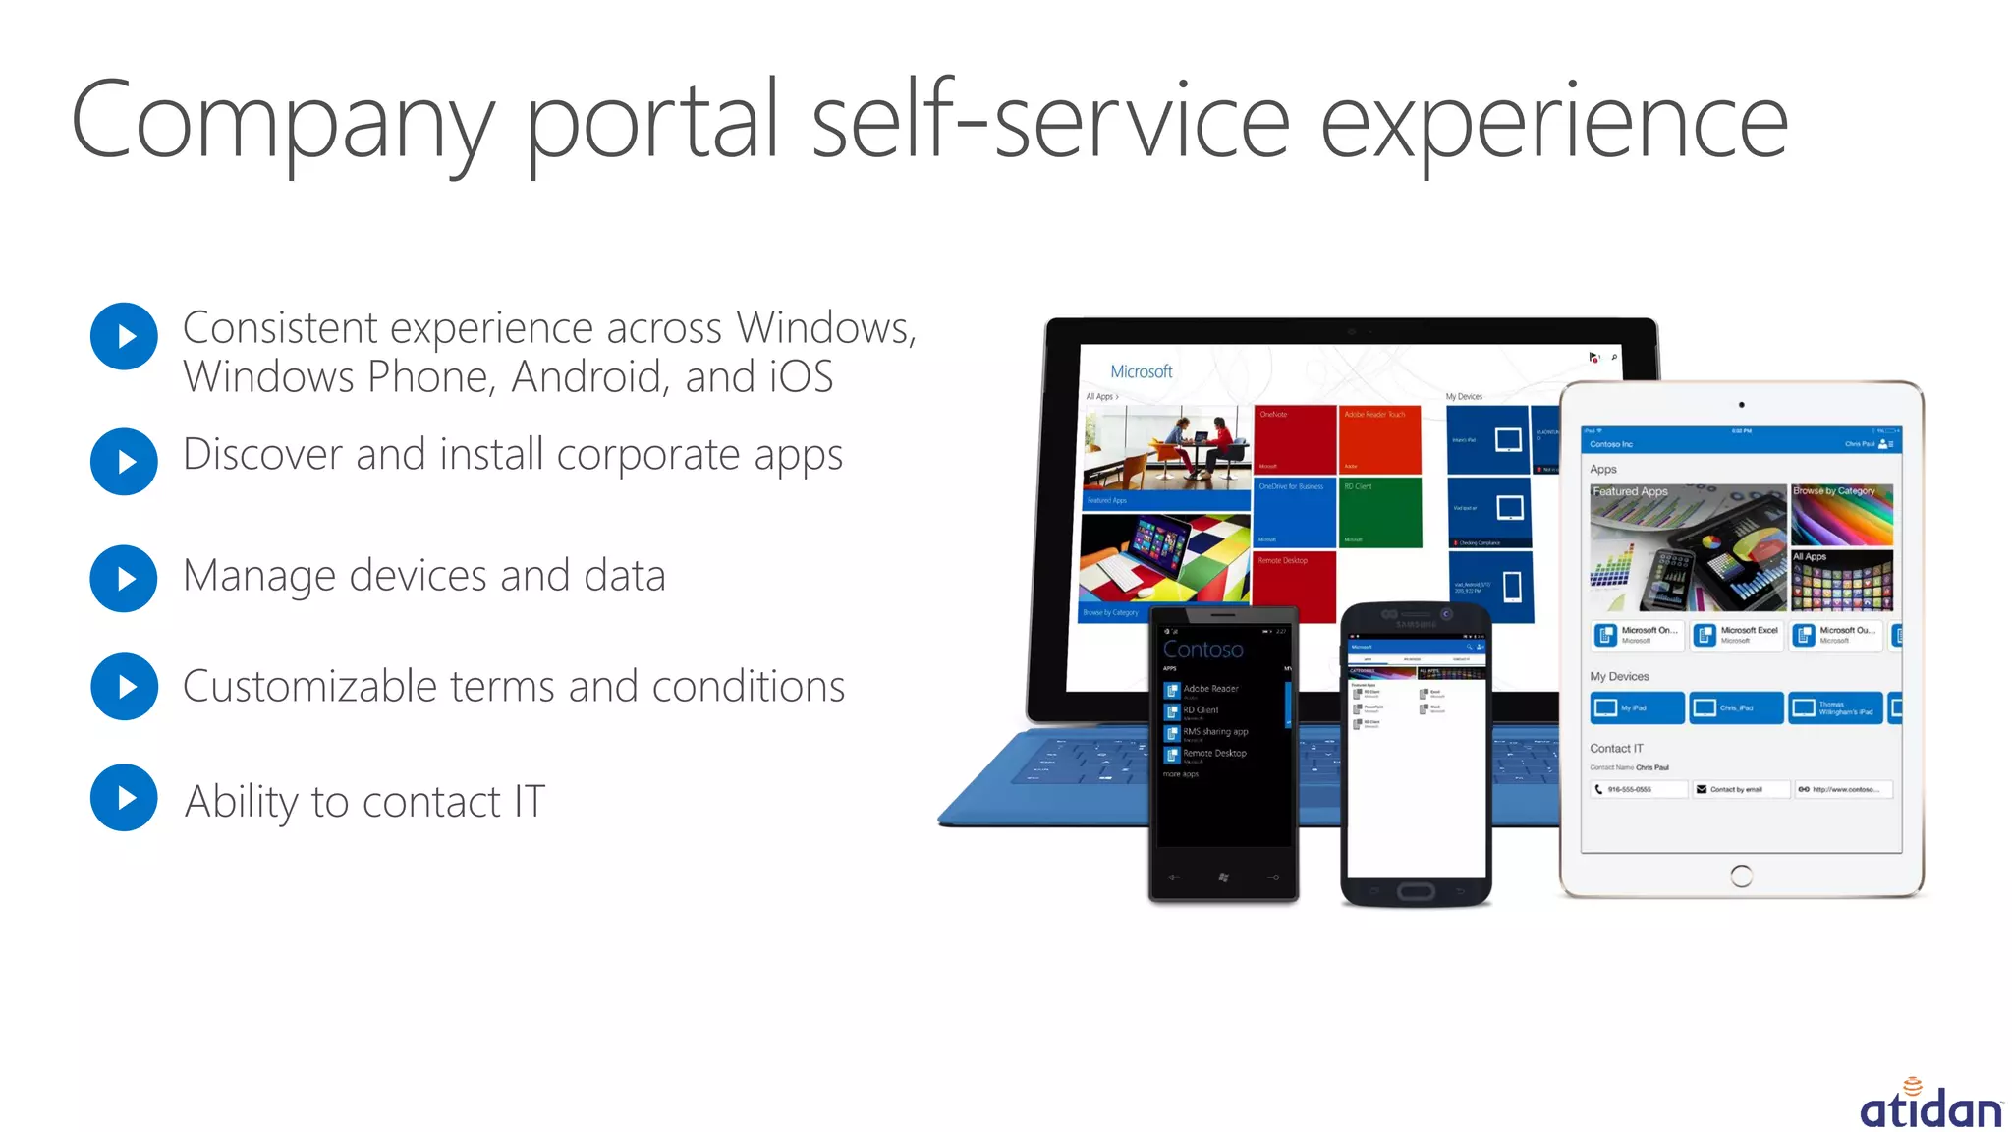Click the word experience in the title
(x=1552, y=123)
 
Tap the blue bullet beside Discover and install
(x=124, y=461)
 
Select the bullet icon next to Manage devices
(x=124, y=579)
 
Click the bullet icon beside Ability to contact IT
(x=124, y=798)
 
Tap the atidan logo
(x=1929, y=1104)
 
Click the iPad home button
(x=1741, y=876)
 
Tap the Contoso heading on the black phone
(x=1202, y=650)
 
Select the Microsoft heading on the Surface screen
(x=1141, y=371)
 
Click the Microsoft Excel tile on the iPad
(x=1736, y=635)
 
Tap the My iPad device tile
(x=1636, y=707)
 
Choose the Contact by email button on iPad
(x=1738, y=789)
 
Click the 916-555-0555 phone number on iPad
(x=1638, y=789)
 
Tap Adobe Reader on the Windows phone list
(x=1209, y=689)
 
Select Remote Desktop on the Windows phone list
(x=1213, y=754)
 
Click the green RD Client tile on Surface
(x=1380, y=512)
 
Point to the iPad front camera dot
(x=1741, y=405)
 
